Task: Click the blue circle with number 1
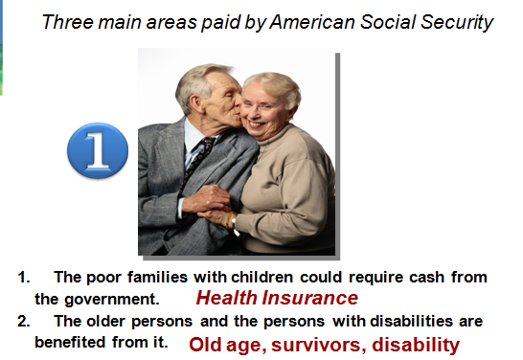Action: click(98, 150)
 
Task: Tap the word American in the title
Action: click(311, 22)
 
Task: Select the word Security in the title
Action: click(457, 23)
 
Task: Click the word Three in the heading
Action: click(68, 22)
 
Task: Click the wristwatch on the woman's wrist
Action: click(233, 220)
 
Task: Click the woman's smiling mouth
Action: click(256, 124)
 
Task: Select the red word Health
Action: click(226, 298)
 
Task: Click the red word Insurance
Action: click(309, 298)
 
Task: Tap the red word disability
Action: click(416, 345)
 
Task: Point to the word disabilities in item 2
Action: click(412, 321)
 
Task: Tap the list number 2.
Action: click(23, 322)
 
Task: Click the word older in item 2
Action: click(105, 321)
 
